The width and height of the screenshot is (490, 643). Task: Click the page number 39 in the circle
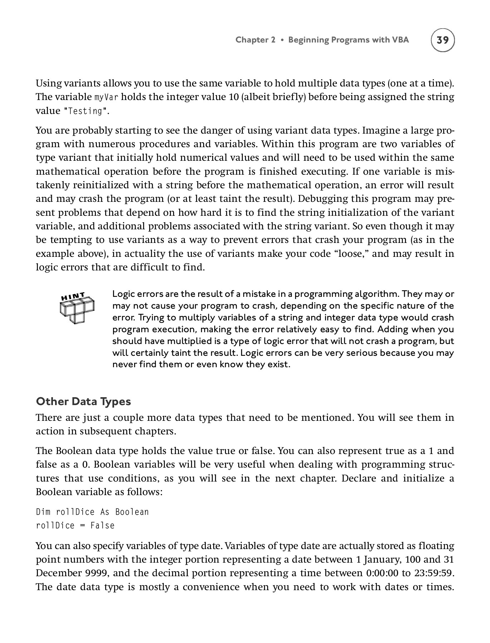[x=443, y=40]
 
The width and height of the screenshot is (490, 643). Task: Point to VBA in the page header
[x=400, y=40]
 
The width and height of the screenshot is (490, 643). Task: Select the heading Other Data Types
[x=83, y=402]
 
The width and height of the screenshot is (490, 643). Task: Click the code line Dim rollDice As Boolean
[x=92, y=512]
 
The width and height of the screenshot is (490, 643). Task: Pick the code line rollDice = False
[x=75, y=525]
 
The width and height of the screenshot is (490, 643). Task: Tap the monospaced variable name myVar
[x=106, y=97]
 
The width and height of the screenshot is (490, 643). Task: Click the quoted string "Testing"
[x=85, y=111]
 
